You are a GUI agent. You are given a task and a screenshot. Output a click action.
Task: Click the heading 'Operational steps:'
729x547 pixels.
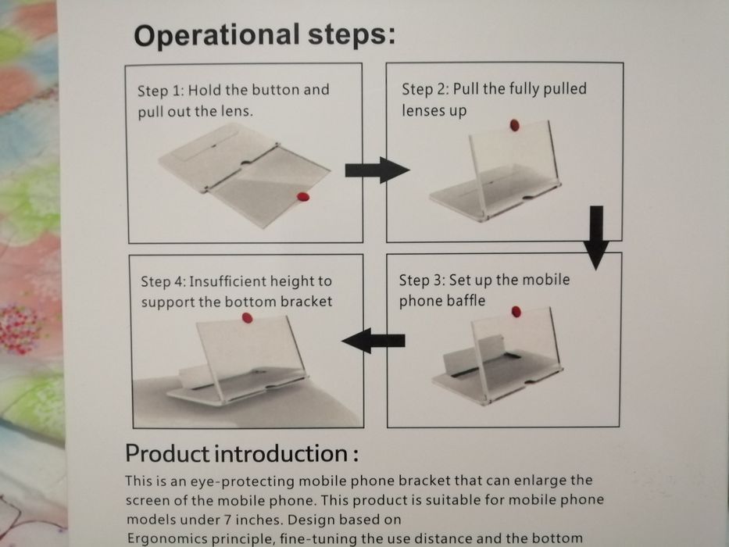point(265,36)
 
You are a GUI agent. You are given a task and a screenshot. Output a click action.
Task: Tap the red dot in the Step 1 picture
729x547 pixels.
point(302,197)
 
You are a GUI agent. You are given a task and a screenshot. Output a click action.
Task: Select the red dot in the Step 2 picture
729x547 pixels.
point(515,125)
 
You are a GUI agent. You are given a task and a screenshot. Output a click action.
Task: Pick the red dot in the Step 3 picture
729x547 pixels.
point(516,312)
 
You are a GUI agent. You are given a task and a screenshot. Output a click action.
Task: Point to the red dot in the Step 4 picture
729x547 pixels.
point(248,318)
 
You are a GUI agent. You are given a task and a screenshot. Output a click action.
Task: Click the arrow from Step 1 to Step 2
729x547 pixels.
point(377,170)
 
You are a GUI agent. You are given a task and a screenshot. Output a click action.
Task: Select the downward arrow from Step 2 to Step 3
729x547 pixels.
point(596,238)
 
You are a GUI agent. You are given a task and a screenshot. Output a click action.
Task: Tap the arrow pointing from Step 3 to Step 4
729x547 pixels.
point(373,341)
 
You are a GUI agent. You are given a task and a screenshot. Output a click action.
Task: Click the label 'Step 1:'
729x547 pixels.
point(161,90)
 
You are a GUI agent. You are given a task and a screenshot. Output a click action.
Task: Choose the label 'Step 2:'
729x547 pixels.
point(425,89)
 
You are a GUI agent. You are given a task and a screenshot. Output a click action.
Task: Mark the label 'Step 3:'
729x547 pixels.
point(422,280)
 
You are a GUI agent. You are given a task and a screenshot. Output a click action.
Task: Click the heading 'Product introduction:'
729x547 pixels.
point(241,453)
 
